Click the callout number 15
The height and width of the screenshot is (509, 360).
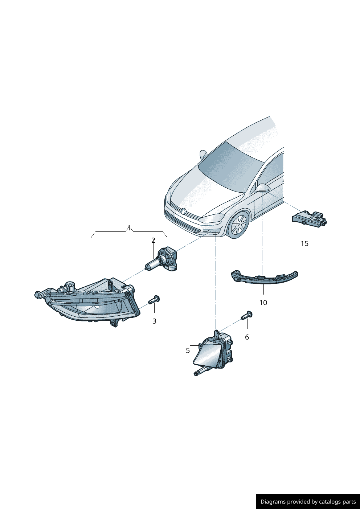click(304, 243)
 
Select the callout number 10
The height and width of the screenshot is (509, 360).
click(263, 303)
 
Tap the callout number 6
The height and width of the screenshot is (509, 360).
click(247, 337)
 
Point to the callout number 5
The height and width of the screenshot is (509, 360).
click(188, 350)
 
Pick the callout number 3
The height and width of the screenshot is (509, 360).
click(154, 321)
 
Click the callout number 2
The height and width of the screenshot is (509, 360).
click(154, 240)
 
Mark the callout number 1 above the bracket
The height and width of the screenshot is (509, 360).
click(129, 228)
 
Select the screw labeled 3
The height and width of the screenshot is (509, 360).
click(154, 300)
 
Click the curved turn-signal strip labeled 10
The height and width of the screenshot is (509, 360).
click(265, 278)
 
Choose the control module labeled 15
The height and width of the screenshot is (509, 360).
click(309, 218)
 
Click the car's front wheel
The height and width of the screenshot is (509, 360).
click(238, 224)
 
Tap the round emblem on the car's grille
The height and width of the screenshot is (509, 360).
click(183, 211)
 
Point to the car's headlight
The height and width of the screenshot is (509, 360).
click(211, 218)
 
